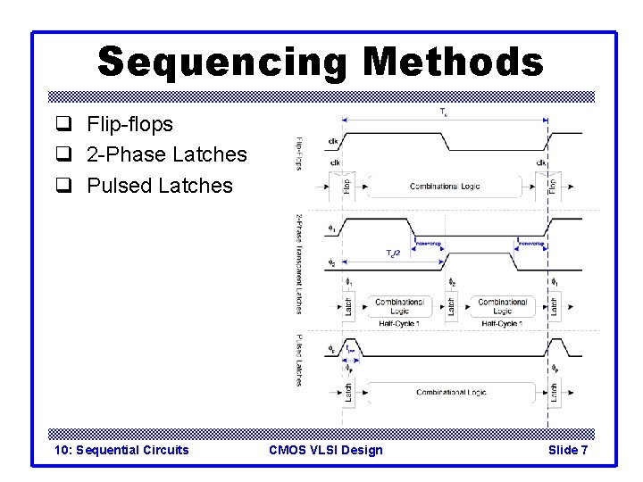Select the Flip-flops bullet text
tap(129, 124)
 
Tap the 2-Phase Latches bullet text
tap(166, 155)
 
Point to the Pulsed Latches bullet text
tap(159, 186)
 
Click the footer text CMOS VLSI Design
tap(325, 450)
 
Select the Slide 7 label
tap(568, 450)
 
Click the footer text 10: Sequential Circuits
tap(121, 450)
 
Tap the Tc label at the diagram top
tap(444, 112)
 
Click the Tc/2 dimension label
tap(392, 253)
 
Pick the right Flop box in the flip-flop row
tap(554, 187)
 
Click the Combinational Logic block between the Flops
tap(445, 187)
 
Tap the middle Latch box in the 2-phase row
tap(451, 306)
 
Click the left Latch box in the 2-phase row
tap(348, 306)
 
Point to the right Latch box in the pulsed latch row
tap(555, 392)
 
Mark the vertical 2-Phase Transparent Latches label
tap(299, 264)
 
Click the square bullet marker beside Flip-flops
tap(63, 125)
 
